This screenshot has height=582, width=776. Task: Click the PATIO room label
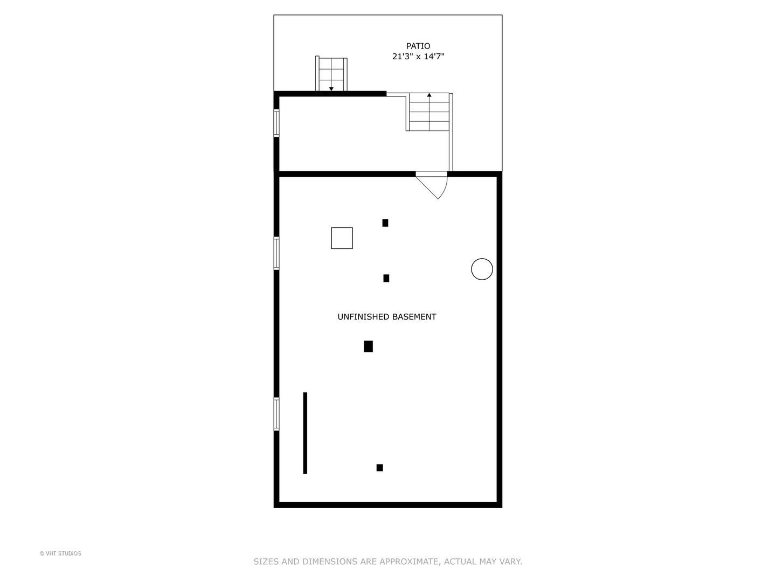point(418,46)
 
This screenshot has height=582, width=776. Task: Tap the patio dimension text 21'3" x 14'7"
point(418,57)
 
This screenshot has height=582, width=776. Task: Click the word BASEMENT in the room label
point(414,317)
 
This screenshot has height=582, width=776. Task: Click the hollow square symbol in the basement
point(342,238)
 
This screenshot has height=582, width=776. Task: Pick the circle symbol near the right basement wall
point(482,269)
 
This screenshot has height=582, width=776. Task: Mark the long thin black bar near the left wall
point(305,433)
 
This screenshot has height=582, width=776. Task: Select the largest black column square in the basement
point(368,347)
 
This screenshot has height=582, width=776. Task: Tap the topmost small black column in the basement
point(385,223)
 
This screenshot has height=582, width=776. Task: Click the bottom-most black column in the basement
point(380,468)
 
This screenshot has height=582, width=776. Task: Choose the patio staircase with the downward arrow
point(331,74)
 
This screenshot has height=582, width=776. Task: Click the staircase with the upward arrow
point(429,112)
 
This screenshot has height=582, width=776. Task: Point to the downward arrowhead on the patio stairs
point(331,89)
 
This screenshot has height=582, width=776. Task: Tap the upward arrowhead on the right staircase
point(429,95)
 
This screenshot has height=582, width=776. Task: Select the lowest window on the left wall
point(276,414)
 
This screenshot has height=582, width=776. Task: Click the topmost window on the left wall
point(276,123)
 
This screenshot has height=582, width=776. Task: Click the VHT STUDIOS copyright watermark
point(60,553)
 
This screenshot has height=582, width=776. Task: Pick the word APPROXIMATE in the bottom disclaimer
point(409,562)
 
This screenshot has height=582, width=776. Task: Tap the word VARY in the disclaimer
point(510,562)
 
